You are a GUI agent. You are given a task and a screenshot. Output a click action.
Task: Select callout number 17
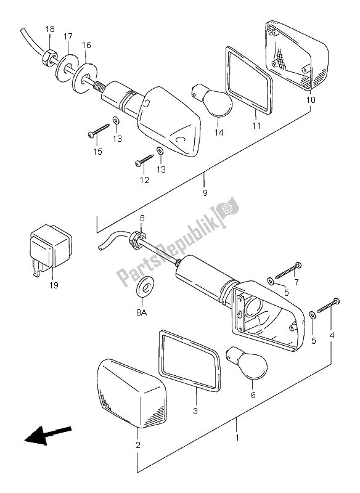point(68,37)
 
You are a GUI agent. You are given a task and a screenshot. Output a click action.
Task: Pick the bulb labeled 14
point(211,100)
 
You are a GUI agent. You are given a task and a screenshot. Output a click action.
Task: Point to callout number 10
point(311,100)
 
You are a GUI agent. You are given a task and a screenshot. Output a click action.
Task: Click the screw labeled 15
point(99,130)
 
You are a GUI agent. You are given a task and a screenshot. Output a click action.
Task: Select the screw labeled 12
point(144,159)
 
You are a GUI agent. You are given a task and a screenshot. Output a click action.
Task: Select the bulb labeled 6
point(247,364)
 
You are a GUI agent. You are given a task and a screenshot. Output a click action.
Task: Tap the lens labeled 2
point(133,393)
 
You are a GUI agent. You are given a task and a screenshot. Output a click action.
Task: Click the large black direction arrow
point(48,435)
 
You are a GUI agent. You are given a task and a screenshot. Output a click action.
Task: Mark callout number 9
point(205,192)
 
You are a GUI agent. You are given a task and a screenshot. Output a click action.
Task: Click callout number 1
point(237,438)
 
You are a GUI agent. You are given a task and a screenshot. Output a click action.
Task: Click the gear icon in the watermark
point(226,208)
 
